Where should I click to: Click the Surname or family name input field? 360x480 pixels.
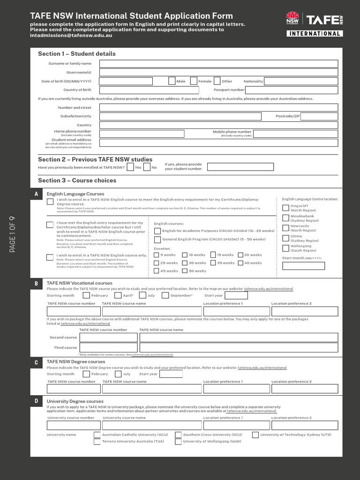coord(218,64)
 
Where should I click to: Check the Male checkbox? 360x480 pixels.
coord(172,81)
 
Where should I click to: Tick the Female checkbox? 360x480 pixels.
coord(194,81)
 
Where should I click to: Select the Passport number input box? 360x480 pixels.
coord(291,90)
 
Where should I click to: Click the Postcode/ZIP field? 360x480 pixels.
coord(319,116)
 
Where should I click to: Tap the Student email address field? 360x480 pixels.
coord(218,143)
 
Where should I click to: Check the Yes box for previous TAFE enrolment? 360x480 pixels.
coord(130,167)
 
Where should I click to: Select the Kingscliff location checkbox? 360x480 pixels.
coord(285,208)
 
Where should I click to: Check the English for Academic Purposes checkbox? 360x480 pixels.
coord(157,231)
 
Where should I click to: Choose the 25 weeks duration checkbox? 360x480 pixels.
coord(157,263)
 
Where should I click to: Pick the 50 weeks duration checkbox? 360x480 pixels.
coord(185,271)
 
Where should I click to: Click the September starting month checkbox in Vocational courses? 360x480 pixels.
coord(165,295)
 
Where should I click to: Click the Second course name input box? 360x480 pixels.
coord(239,337)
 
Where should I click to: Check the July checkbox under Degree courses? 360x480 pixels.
coord(118,374)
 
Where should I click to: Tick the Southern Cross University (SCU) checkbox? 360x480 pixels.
coord(178,435)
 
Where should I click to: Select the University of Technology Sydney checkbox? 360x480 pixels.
coord(255,435)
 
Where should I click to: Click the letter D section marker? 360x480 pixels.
coord(36,401)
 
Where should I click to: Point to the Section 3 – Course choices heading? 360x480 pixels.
coord(77,180)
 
